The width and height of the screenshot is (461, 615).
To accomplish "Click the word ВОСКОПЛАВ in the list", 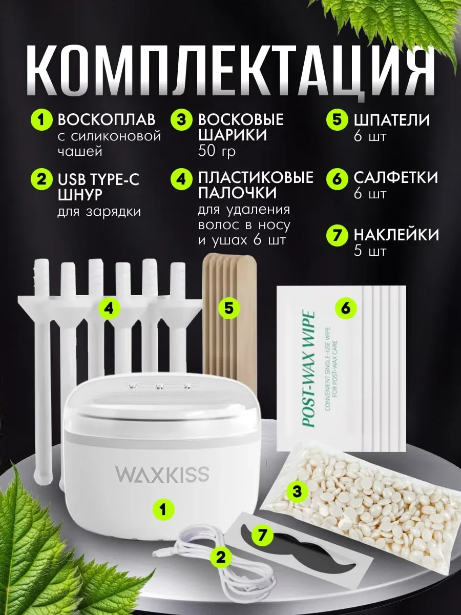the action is pos(107,120).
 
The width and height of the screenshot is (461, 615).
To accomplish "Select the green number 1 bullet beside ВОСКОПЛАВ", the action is pos(41,120).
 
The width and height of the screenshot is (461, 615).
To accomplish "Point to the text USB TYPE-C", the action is pos(98,179).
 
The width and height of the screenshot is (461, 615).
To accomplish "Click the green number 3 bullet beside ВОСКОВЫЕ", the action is pos(182,120).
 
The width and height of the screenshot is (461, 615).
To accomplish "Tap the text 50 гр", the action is pos(217,152).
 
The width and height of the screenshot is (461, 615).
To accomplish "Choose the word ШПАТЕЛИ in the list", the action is pos(391,120).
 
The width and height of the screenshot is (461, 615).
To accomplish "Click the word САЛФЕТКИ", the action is pos(395,178).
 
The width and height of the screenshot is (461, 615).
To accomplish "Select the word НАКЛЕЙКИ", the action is pos(396,235).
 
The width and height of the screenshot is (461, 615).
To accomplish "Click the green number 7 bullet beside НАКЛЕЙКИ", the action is pos(337,235).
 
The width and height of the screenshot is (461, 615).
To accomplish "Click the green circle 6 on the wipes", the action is pos(346,309).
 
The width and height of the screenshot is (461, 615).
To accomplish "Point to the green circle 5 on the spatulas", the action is pos(228,309).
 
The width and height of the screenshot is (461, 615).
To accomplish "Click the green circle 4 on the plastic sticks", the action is pos(110,309).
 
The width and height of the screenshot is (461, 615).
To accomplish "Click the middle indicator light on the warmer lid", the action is pos(160,387).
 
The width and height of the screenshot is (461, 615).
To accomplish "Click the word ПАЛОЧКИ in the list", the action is pos(237,193).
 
